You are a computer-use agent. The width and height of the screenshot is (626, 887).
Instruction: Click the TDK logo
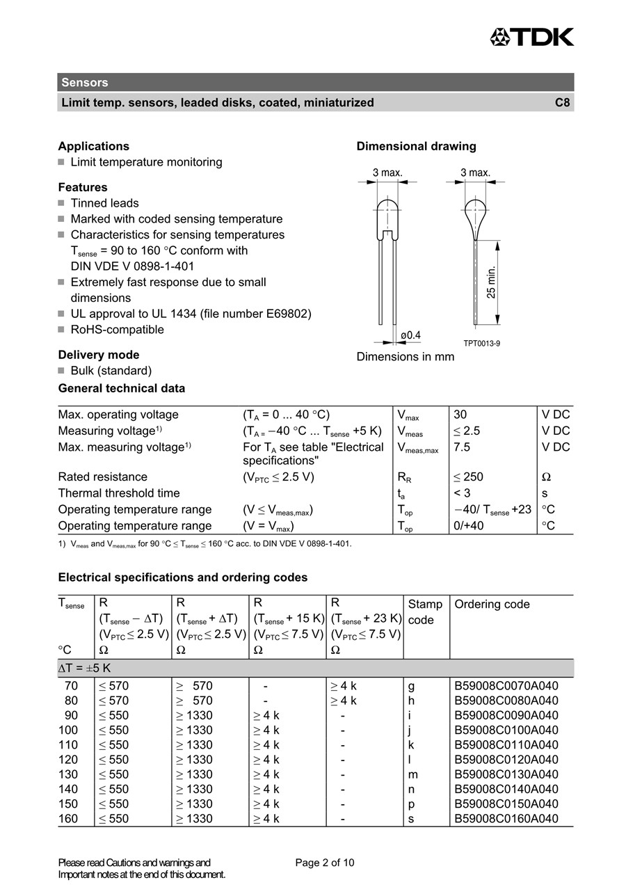(532, 37)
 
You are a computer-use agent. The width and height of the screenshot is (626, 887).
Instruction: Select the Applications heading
(94, 146)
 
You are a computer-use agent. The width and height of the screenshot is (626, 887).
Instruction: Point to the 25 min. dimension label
(492, 282)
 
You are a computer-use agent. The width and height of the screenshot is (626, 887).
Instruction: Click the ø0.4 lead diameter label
(410, 335)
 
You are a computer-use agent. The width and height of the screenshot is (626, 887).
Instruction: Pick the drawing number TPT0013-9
(482, 343)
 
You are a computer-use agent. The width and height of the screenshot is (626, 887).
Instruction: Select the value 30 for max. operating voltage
(460, 415)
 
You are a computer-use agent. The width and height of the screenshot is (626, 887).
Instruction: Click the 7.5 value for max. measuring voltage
(462, 447)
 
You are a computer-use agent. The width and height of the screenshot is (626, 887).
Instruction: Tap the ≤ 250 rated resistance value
(468, 477)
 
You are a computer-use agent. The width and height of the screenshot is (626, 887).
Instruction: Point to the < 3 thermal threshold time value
(462, 493)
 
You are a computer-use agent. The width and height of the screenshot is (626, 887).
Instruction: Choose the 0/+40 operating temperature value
(469, 526)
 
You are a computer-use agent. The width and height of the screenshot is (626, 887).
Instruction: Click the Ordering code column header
(492, 605)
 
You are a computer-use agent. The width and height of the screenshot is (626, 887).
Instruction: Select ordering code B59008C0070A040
(506, 686)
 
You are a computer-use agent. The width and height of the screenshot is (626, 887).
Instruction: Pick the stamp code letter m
(413, 774)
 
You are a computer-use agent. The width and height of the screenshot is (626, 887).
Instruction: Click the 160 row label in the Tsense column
(68, 819)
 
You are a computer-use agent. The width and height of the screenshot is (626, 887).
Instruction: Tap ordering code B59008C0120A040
(506, 760)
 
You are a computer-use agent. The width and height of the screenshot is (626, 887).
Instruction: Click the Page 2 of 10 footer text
(325, 863)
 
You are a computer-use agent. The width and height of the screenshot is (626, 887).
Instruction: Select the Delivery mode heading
(99, 355)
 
